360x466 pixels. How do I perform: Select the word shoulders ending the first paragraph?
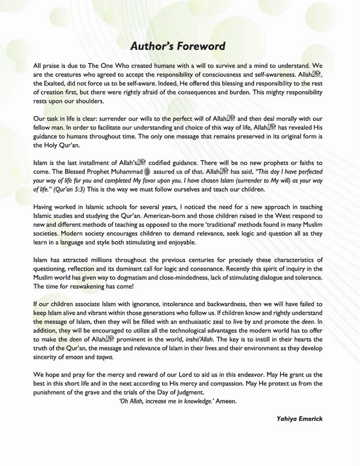point(89,101)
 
